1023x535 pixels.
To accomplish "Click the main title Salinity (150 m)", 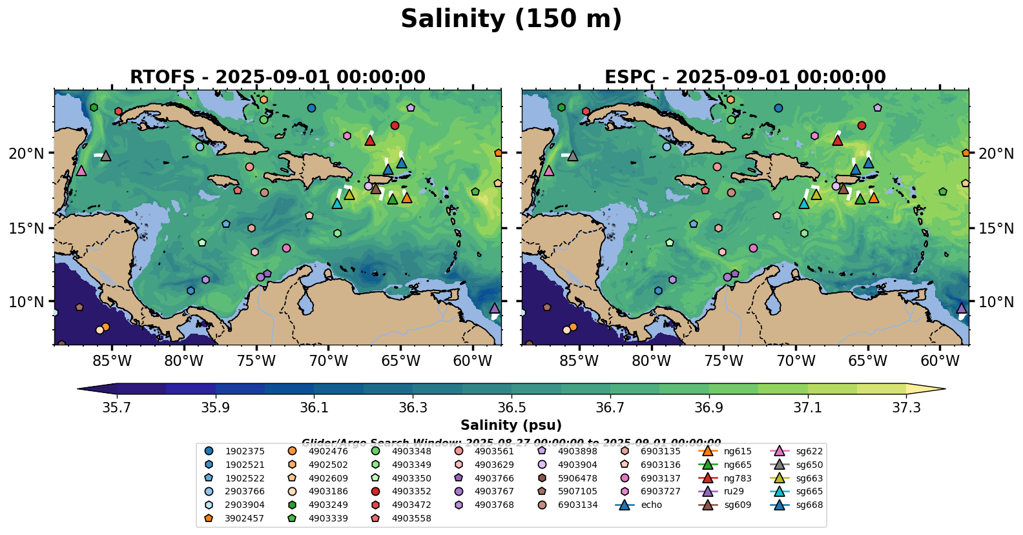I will tap(511, 19).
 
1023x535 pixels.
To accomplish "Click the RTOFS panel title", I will tap(278, 77).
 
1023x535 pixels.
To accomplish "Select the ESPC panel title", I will tap(745, 77).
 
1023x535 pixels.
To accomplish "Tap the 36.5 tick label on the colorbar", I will tap(512, 408).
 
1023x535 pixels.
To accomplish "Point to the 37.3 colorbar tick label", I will tap(906, 408).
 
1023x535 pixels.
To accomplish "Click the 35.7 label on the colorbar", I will tap(117, 408).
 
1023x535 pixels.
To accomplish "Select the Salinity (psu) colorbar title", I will tap(511, 425).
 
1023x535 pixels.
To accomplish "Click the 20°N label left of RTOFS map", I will tap(26, 154).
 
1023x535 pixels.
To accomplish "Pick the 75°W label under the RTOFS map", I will tap(256, 361).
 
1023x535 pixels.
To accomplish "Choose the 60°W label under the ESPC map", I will tap(940, 361).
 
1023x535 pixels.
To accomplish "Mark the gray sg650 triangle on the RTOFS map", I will tap(106, 156).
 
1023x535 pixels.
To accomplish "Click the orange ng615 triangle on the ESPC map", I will tap(874, 197).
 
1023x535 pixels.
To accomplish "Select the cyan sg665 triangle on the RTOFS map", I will tap(336, 203).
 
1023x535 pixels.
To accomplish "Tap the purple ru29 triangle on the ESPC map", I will tap(962, 308).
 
